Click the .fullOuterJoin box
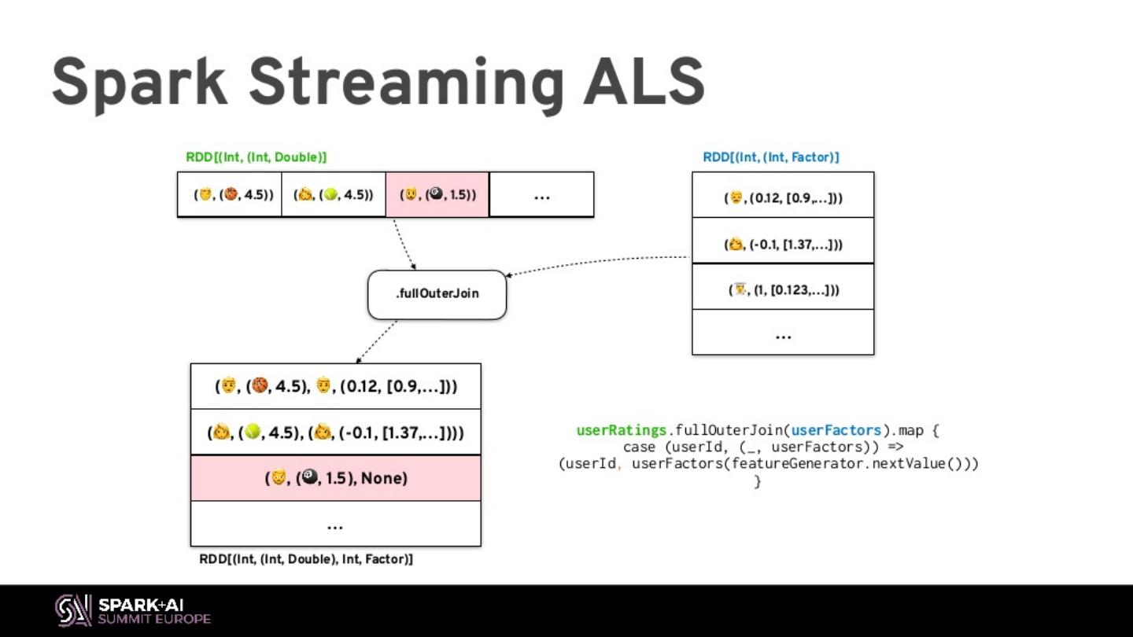(x=437, y=295)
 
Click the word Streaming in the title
(x=406, y=83)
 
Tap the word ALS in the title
(x=643, y=82)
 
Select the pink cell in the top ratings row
(x=437, y=194)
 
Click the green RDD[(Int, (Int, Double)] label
(x=256, y=157)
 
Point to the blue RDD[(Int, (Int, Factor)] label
(x=770, y=157)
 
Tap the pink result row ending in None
(x=335, y=477)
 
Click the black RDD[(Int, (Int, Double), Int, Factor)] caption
(x=305, y=560)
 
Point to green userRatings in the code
(x=622, y=431)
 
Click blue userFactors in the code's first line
(x=836, y=431)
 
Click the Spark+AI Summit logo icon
(x=73, y=610)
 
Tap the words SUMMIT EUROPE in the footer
(x=154, y=619)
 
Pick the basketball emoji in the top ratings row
(x=231, y=194)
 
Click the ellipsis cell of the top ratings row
(x=541, y=194)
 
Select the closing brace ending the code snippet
(x=758, y=481)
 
